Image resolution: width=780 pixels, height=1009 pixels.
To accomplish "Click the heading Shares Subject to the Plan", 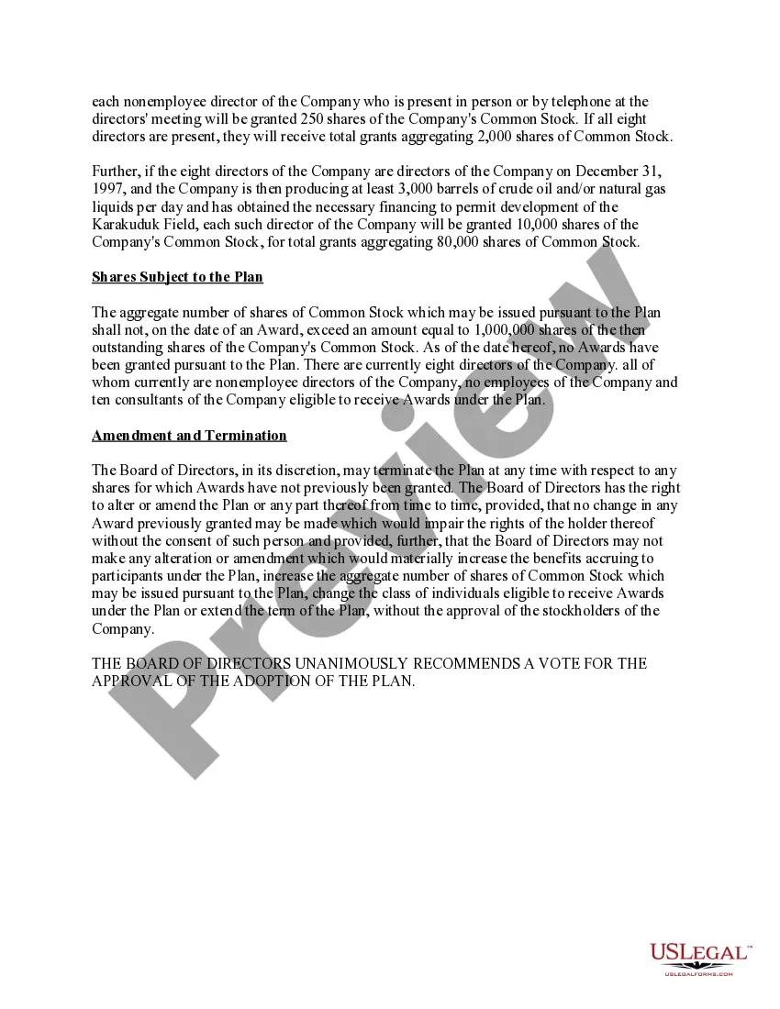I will click(x=177, y=277).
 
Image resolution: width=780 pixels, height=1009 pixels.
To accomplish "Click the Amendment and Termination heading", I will click(x=189, y=436).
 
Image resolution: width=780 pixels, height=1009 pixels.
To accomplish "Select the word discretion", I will click(x=304, y=471).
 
